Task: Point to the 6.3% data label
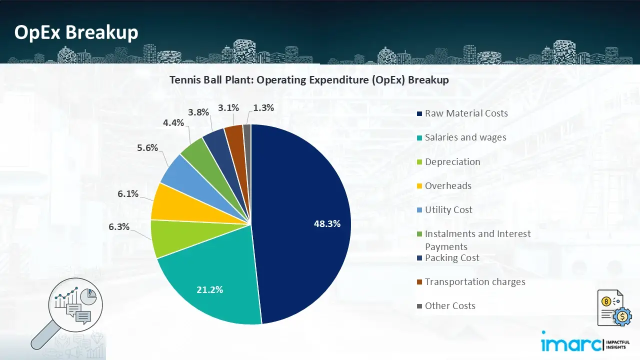119,227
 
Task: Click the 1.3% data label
263,107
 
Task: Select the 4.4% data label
173,122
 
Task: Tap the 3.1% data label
228,107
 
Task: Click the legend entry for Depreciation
452,161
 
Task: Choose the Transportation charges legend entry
474,281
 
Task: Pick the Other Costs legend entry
449,305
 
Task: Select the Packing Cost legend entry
451,257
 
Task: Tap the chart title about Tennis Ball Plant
309,80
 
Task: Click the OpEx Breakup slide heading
76,32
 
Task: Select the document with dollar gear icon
610,308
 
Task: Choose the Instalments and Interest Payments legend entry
477,239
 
